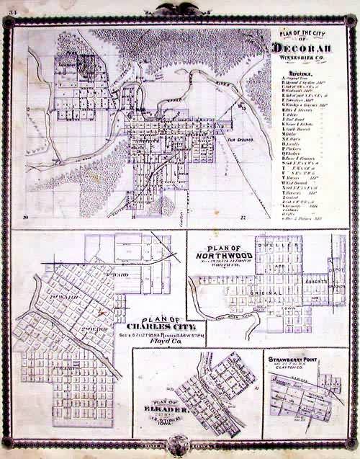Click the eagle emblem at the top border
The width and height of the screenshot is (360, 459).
point(181,8)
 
